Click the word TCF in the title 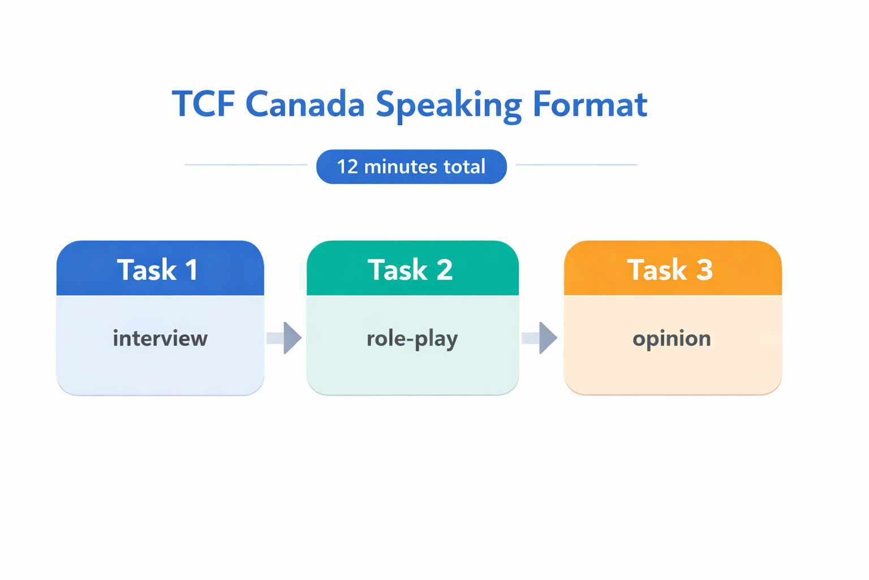[203, 104]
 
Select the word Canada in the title [305, 104]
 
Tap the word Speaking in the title [448, 105]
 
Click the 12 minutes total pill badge [411, 167]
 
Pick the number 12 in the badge [347, 167]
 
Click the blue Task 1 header [160, 268]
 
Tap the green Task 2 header [412, 268]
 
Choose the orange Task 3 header [673, 268]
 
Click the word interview [160, 339]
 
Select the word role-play [412, 339]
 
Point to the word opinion [672, 339]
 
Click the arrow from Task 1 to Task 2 [285, 338]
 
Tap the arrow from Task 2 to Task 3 [540, 338]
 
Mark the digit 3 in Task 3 [704, 270]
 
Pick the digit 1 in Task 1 [191, 270]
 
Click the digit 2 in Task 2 [444, 270]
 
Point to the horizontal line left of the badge [246, 165]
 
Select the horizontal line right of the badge [577, 165]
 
